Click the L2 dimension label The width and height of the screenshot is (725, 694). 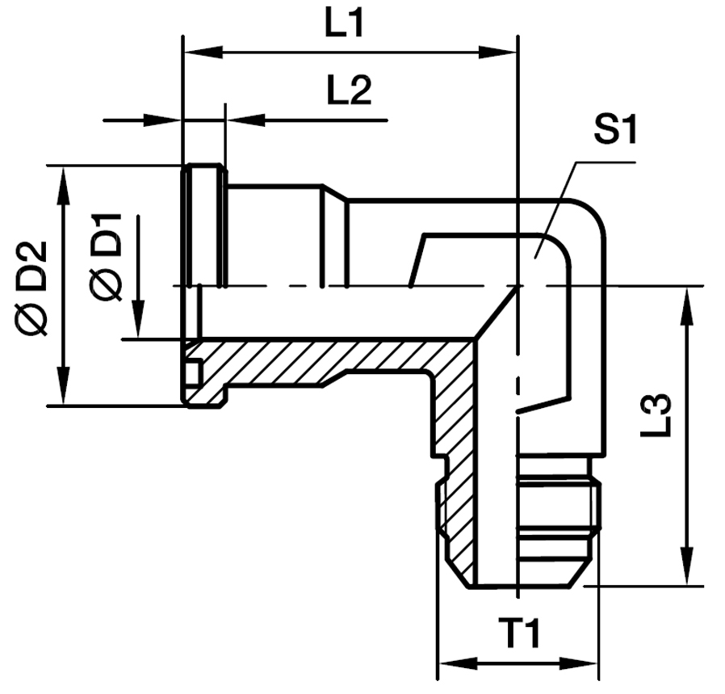click(x=349, y=91)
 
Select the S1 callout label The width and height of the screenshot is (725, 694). click(x=615, y=129)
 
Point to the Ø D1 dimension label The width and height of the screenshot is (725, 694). click(x=106, y=256)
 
